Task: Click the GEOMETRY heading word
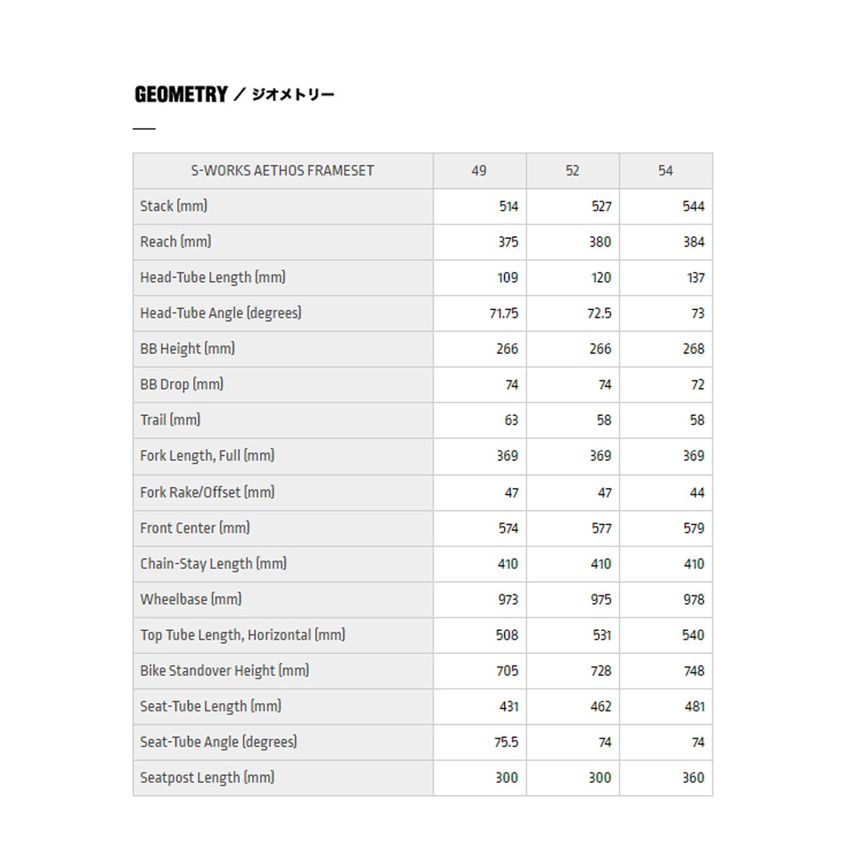180,94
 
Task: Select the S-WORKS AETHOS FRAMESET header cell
282,170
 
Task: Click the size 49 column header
479,170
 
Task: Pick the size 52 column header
573,170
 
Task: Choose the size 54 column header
666,170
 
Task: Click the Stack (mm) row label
174,206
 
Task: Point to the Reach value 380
600,241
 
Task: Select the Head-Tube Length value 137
695,278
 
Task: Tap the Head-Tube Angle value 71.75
504,313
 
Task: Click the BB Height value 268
694,349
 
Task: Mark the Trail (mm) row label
170,420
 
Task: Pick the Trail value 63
511,420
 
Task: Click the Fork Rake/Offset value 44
696,492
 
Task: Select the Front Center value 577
601,528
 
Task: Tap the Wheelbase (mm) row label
191,599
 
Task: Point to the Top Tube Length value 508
507,634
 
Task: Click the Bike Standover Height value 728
600,671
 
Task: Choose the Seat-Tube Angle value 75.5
507,742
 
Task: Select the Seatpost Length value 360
693,778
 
